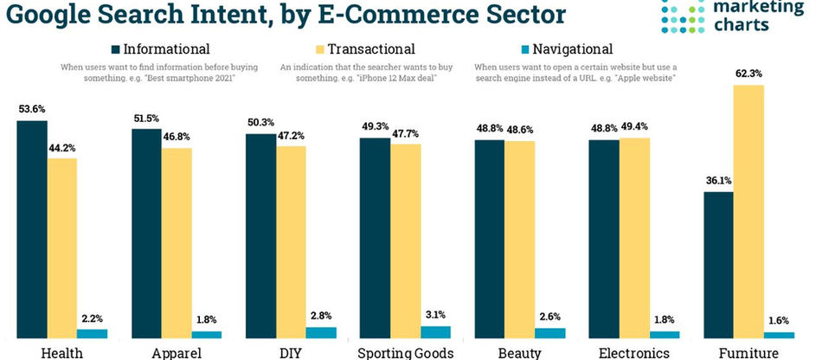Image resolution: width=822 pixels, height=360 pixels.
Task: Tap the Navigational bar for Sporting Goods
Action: coord(435,331)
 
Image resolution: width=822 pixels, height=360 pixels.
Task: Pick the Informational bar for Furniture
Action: coord(718,264)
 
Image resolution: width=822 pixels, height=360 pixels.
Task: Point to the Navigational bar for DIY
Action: coord(321,331)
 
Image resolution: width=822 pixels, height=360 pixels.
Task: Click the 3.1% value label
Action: coord(435,315)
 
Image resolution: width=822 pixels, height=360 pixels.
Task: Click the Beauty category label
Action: coord(519,352)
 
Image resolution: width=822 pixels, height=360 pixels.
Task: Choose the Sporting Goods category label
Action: coord(405,352)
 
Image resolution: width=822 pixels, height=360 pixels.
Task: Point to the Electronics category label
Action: coord(633,352)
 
